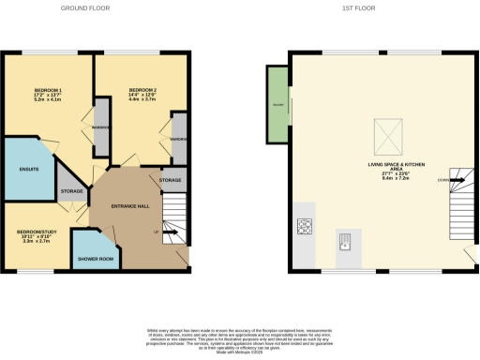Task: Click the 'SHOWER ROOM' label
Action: (x=96, y=258)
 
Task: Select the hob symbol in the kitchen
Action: (x=305, y=225)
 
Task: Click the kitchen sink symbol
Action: (x=344, y=240)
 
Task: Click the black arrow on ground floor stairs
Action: (x=172, y=231)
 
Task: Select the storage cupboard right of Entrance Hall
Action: (x=171, y=179)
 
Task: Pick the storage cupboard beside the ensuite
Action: (x=71, y=191)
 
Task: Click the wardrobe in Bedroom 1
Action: (x=100, y=127)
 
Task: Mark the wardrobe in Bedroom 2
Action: (x=178, y=138)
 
